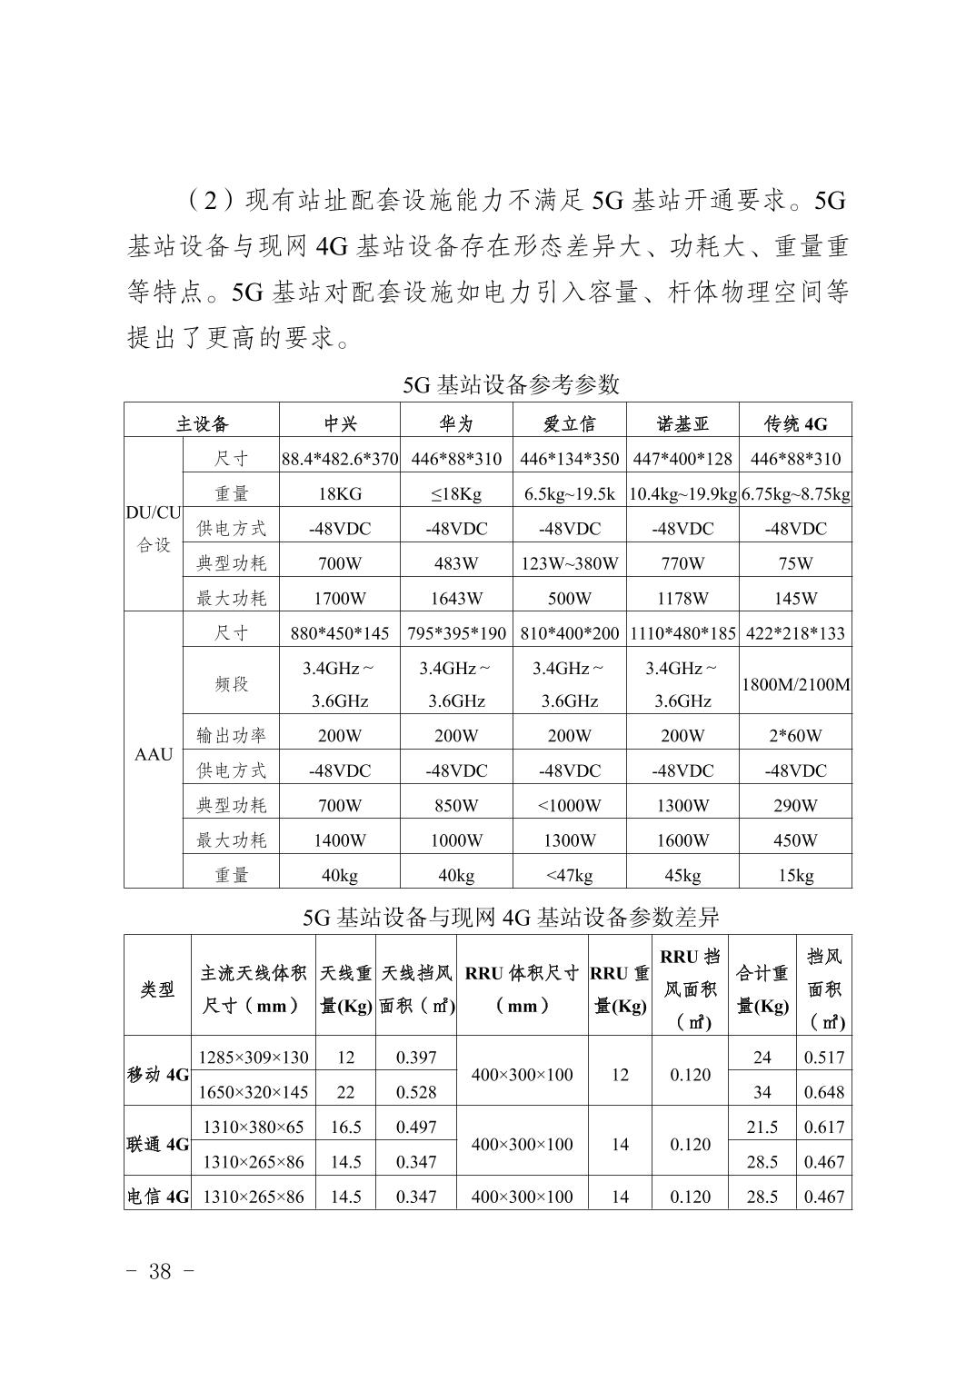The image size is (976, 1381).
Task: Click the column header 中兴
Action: point(340,423)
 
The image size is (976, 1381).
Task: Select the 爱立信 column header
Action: point(569,423)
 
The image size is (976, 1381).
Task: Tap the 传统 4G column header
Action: point(795,423)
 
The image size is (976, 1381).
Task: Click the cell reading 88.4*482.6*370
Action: point(340,459)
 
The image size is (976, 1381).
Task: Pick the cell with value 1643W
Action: point(455,598)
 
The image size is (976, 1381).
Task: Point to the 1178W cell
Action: point(682,598)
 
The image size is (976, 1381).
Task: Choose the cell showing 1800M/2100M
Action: point(795,684)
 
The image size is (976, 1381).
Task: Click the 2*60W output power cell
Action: point(795,735)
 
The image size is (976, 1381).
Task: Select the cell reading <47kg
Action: point(569,875)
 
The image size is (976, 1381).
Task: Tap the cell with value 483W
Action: point(455,563)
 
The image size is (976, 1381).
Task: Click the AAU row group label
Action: point(154,754)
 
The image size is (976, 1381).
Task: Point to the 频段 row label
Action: point(232,684)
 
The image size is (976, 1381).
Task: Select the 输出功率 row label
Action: point(232,735)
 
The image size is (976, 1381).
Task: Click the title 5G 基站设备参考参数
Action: point(511,384)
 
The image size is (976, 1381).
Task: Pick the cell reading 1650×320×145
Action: point(254,1092)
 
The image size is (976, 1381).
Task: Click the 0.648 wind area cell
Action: point(824,1092)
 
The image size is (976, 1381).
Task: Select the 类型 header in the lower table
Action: point(158,989)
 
